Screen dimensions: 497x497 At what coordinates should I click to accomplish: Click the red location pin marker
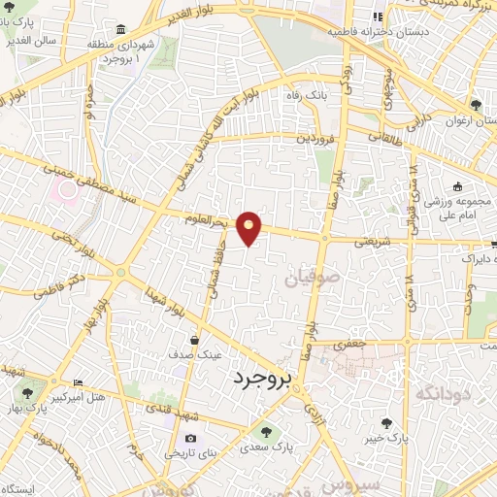pos(249,227)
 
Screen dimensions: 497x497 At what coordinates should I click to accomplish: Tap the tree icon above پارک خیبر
pos(387,422)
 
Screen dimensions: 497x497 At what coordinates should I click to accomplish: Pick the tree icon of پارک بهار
pos(27,394)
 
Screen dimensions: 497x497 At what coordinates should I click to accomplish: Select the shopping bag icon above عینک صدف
pos(195,341)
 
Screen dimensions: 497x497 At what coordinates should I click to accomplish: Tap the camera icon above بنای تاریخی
pos(190,439)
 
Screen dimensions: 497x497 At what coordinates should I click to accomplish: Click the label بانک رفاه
pos(325,97)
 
